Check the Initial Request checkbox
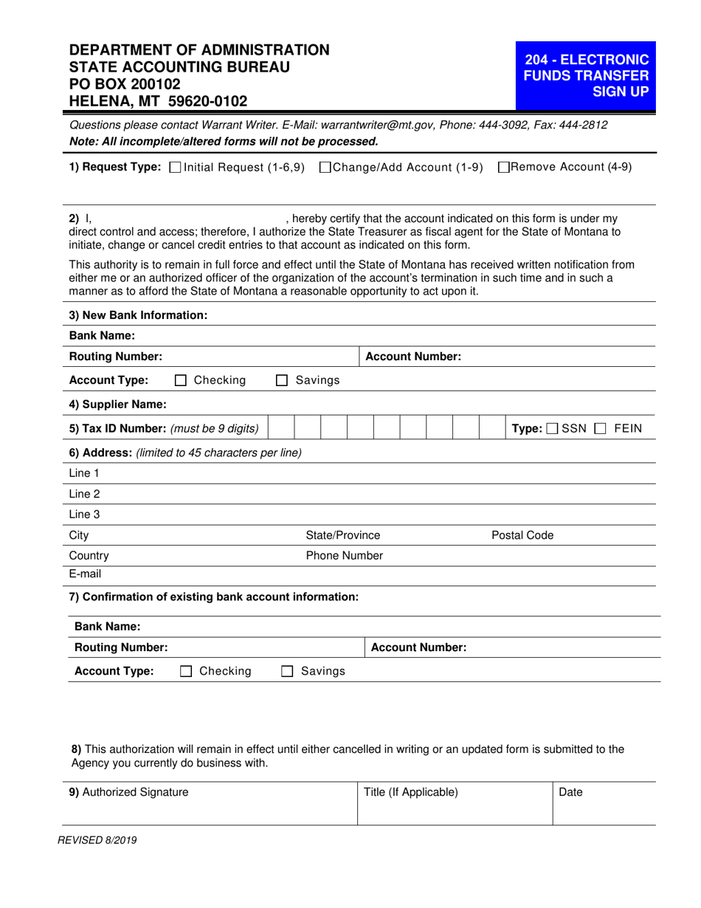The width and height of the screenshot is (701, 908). click(175, 168)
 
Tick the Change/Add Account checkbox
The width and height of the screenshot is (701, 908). click(325, 168)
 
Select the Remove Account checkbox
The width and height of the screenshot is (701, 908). click(504, 168)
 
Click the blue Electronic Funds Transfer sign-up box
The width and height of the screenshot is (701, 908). click(586, 75)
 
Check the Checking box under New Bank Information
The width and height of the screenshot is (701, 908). click(181, 381)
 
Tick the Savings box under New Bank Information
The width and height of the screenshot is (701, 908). click(281, 381)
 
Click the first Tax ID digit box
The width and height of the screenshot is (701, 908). click(280, 429)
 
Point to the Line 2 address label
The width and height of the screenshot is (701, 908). click(84, 493)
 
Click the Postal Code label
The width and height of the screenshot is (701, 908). click(522, 535)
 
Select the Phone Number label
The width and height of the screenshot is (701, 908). click(345, 555)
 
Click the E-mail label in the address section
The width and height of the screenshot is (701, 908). click(85, 574)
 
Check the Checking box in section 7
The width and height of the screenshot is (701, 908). click(187, 672)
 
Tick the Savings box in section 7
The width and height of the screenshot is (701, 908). click(287, 672)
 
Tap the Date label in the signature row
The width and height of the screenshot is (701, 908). click(571, 792)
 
